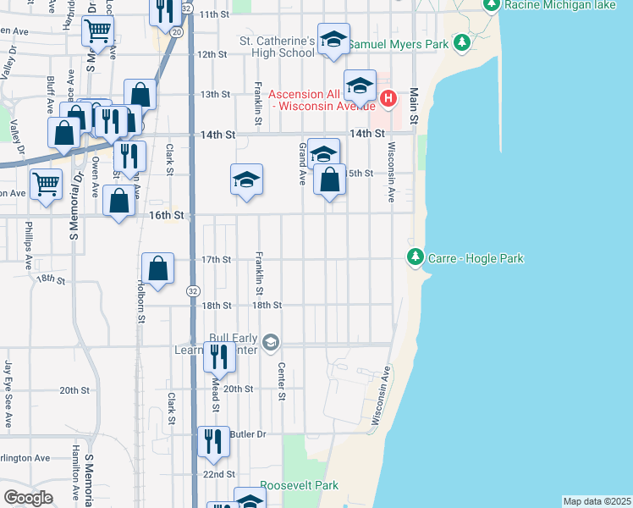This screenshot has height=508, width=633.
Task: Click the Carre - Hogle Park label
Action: click(x=476, y=258)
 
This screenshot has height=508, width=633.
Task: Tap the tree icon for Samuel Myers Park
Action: click(x=461, y=41)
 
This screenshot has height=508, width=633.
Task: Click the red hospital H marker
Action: click(x=388, y=99)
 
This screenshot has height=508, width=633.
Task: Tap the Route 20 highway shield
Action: click(x=176, y=31)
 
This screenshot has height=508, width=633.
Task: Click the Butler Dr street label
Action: click(x=247, y=433)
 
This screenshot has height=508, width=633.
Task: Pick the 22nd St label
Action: click(x=218, y=474)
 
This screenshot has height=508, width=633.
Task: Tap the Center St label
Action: click(x=282, y=381)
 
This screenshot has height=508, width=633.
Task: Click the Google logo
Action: click(x=28, y=498)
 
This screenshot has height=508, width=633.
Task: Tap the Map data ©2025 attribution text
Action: click(x=597, y=501)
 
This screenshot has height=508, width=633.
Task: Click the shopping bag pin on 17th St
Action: click(x=158, y=269)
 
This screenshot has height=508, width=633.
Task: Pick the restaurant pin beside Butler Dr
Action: click(x=213, y=441)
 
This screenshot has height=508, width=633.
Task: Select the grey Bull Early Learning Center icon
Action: click(x=271, y=343)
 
